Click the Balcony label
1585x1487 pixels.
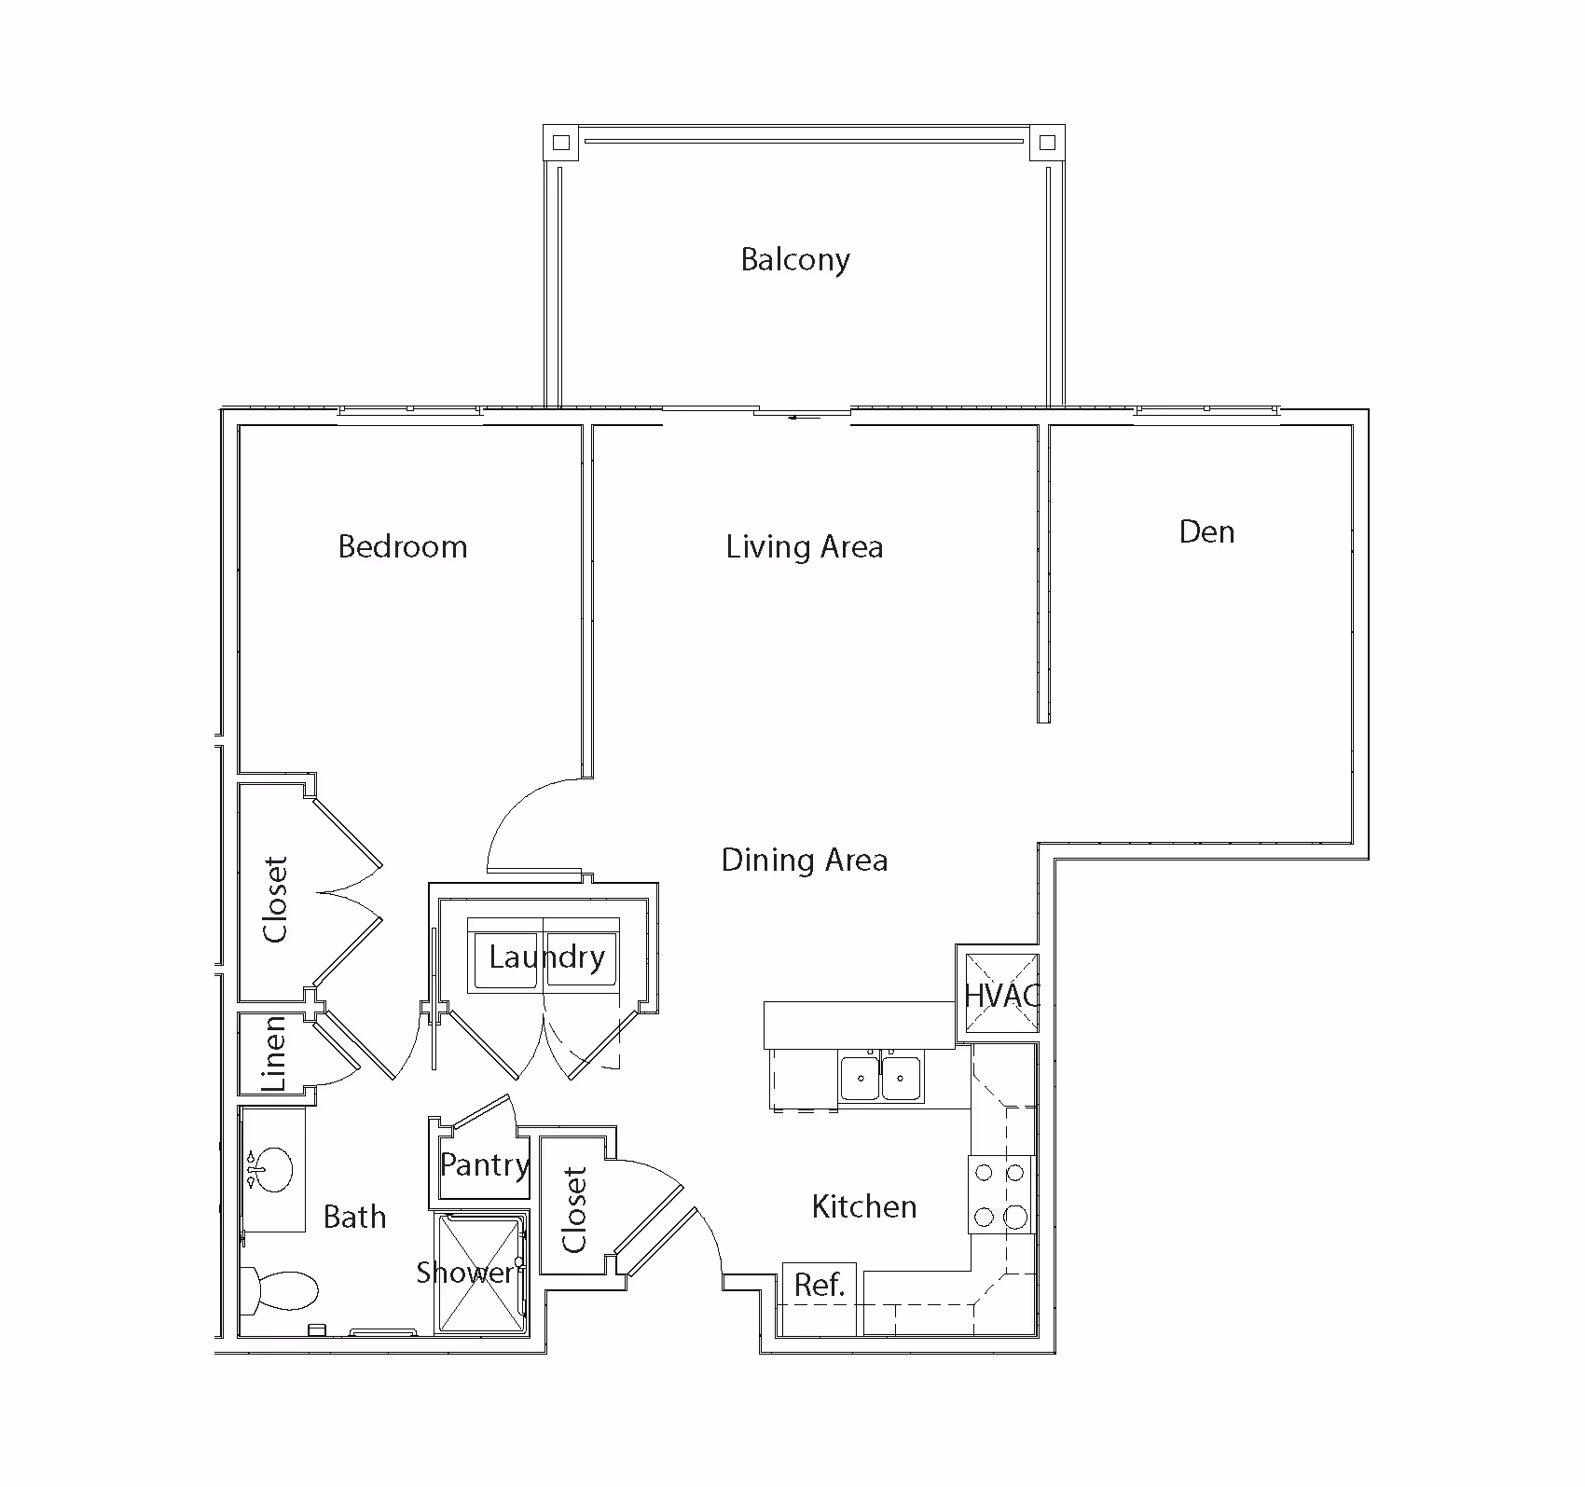pyautogui.click(x=795, y=259)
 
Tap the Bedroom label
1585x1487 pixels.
pyautogui.click(x=403, y=546)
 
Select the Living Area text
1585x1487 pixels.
pyautogui.click(x=805, y=547)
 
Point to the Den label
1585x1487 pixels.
pyautogui.click(x=1207, y=532)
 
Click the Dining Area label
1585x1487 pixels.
pyautogui.click(x=805, y=860)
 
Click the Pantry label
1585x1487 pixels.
pyautogui.click(x=485, y=1164)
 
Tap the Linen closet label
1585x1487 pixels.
pyautogui.click(x=273, y=1054)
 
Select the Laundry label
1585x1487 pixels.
pyautogui.click(x=547, y=957)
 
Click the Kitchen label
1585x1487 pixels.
pyautogui.click(x=864, y=1207)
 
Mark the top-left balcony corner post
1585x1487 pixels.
pyautogui.click(x=560, y=143)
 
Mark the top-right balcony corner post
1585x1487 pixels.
pyautogui.click(x=1047, y=143)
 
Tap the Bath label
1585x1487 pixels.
pyautogui.click(x=354, y=1217)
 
